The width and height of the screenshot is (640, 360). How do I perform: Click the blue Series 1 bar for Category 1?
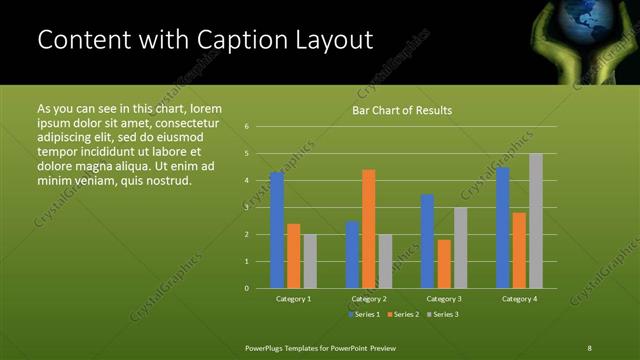point(277,230)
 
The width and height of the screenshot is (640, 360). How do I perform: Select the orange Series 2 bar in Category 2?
point(368,229)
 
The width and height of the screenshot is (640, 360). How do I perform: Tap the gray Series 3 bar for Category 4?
point(535,220)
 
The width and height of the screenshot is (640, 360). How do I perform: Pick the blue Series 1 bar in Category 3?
point(427,241)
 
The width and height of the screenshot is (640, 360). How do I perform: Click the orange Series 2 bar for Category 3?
point(443,264)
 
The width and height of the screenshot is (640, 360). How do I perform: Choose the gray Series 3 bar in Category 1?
point(310,261)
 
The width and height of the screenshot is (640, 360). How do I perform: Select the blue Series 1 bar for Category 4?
point(502,227)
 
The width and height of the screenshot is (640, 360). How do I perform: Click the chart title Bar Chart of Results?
point(402,110)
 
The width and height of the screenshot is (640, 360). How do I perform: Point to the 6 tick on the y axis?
point(247,127)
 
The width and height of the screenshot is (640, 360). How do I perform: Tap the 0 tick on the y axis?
point(247,288)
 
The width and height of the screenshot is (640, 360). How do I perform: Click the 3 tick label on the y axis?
point(247,208)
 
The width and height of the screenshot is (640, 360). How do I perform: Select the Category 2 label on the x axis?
point(368,299)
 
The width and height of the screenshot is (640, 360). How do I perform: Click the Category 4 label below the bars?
point(519,299)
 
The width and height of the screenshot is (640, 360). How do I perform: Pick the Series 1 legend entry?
point(364,315)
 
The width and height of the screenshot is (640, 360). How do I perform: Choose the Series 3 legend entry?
point(442,315)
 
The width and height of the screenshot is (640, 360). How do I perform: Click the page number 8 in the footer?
point(589,347)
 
